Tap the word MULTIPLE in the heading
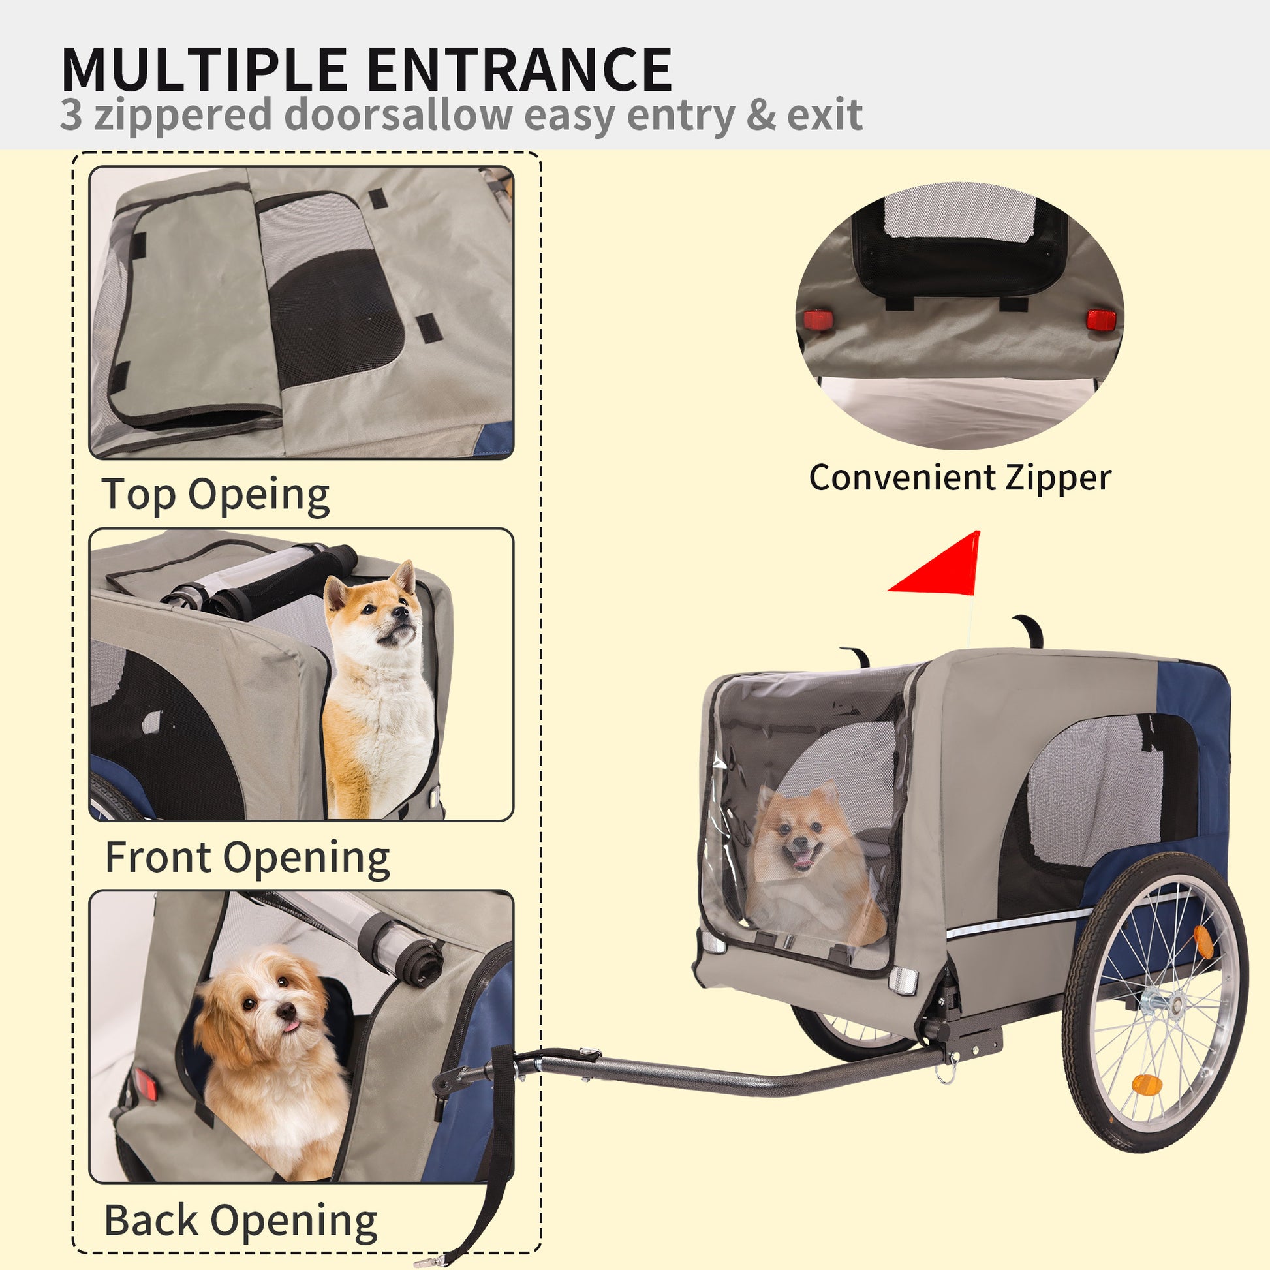204,70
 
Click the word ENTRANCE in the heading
519,70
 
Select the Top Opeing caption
215,495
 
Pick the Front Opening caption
247,858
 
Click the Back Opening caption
241,1220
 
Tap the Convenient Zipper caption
960,478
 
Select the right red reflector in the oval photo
1101,320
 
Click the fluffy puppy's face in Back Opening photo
270,1009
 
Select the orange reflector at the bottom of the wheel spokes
1147,1085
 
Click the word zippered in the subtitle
183,116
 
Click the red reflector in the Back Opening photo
146,1084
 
